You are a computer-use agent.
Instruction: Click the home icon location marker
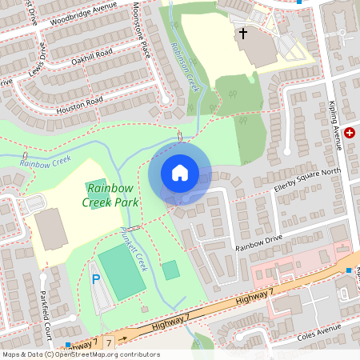(x=180, y=173)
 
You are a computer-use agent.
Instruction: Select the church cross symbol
(x=242, y=34)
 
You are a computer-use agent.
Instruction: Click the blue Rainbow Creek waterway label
(x=46, y=162)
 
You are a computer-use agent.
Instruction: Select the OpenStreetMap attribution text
(x=81, y=354)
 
